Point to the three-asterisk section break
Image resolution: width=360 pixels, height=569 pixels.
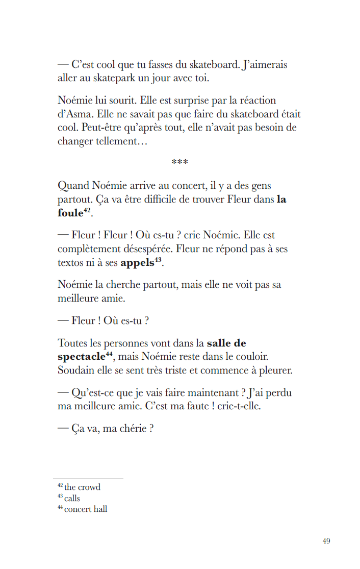180,162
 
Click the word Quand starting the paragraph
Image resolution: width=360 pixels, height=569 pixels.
73,186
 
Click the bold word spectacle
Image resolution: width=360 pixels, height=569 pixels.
81,357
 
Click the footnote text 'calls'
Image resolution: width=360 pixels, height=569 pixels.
72,499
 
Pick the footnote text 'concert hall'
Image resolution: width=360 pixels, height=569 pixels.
86,509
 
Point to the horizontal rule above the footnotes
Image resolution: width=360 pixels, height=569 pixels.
88,479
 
